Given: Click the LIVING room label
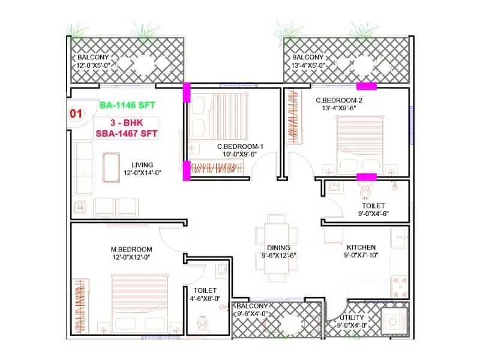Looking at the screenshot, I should pyautogui.click(x=142, y=164).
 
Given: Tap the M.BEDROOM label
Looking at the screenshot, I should pyautogui.click(x=131, y=249).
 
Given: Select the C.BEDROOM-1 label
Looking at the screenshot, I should pyautogui.click(x=240, y=146).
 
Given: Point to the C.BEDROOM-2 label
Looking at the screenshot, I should pyautogui.click(x=340, y=100).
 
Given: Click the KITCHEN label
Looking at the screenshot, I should pyautogui.click(x=361, y=247).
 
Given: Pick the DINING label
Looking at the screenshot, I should pyautogui.click(x=278, y=247).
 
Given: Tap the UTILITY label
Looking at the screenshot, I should pyautogui.click(x=352, y=317).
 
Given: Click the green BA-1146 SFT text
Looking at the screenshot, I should pyautogui.click(x=127, y=105).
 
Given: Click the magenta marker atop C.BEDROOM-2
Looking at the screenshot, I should pyautogui.click(x=367, y=86).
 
